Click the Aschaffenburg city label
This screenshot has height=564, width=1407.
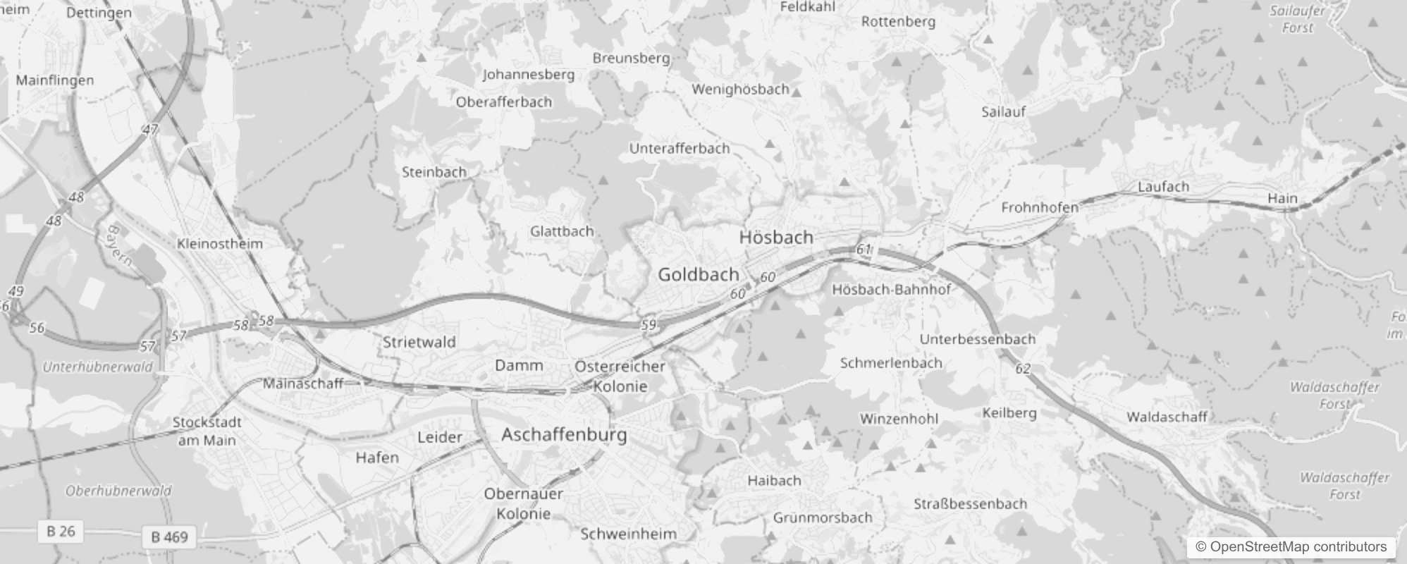coord(564,434)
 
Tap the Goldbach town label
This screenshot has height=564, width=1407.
coord(698,274)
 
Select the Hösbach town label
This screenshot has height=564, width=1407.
coord(775,238)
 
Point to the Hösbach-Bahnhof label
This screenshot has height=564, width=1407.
coord(891,289)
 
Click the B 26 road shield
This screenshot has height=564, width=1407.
coord(61,531)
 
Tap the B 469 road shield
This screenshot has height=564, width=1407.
coord(170,537)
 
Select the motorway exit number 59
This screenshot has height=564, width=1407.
coord(649,325)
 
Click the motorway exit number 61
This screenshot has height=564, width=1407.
coord(864,249)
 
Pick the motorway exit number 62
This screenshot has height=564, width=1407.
coord(1023,368)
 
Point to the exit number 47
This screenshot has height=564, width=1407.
coord(149,130)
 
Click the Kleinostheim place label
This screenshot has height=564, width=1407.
coord(220,244)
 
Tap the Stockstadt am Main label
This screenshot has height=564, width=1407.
coord(207,431)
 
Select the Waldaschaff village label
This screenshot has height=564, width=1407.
coord(1167,417)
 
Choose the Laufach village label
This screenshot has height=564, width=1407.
coord(1163,187)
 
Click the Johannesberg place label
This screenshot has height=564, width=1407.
coord(528,74)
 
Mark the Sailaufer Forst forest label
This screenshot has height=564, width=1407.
coord(1297,19)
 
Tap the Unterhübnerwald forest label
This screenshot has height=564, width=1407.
coord(97,367)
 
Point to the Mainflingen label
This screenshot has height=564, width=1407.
coord(54,80)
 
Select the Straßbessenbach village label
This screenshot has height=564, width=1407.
coord(970,504)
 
